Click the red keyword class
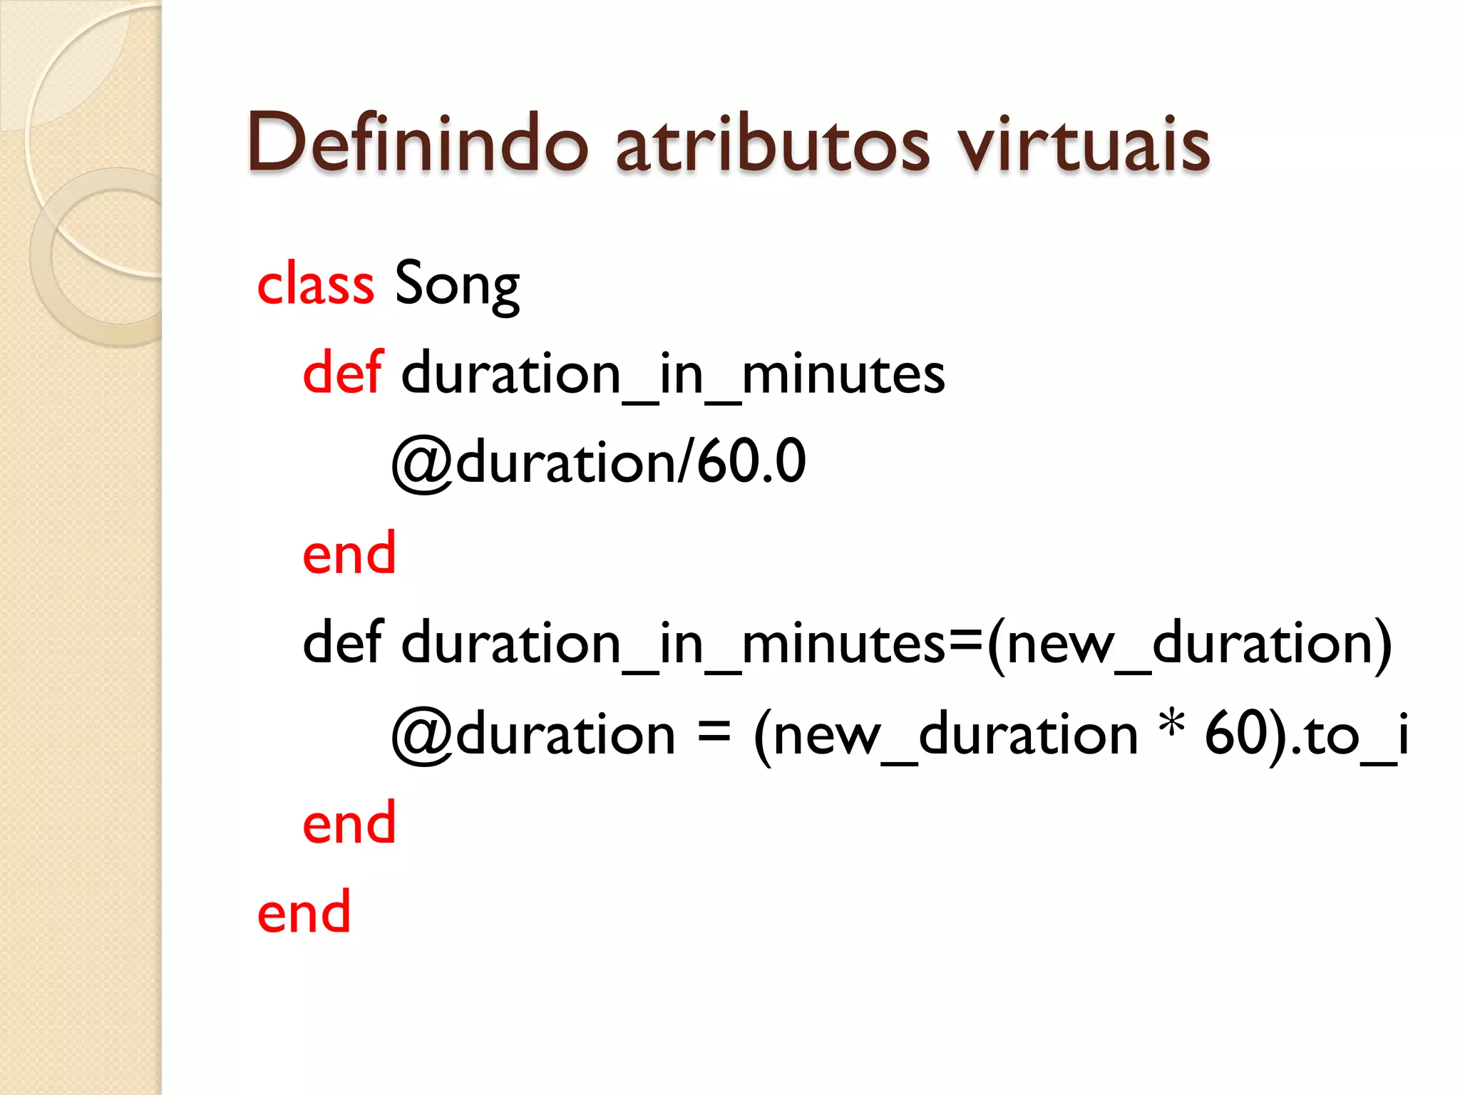[x=315, y=284]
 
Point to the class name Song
[x=457, y=284]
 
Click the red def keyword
[x=342, y=373]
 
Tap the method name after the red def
[x=673, y=374]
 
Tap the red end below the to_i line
[x=349, y=823]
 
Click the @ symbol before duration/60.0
[x=422, y=464]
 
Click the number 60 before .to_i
[x=1235, y=734]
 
